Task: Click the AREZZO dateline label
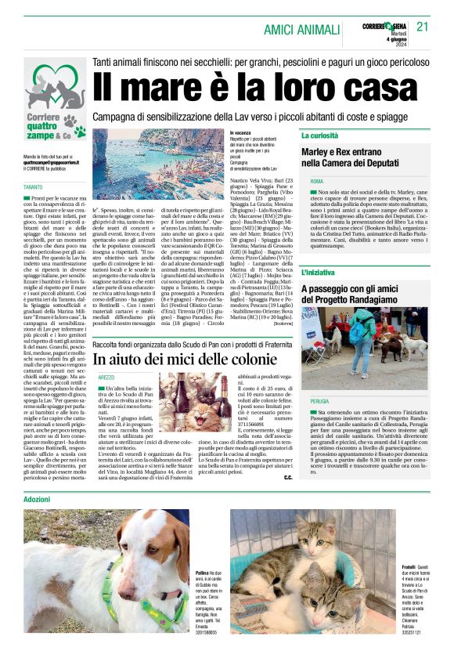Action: (106, 377)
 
